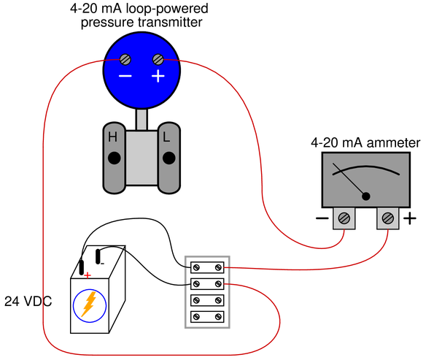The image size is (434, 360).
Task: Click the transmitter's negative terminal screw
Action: [125, 59]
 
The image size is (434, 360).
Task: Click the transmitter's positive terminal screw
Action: [158, 59]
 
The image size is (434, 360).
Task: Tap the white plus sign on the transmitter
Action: [158, 76]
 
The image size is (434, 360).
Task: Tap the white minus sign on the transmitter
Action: [125, 76]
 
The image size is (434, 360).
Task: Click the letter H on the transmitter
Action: [112, 137]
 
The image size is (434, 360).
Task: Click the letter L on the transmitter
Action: [166, 137]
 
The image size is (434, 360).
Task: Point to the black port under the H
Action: [114, 158]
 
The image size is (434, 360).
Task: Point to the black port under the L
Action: [168, 158]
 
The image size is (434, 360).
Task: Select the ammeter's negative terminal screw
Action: [344, 218]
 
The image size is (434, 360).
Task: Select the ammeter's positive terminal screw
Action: [388, 218]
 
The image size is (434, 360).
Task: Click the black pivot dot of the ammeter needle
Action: [366, 196]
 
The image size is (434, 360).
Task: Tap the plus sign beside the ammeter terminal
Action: [410, 218]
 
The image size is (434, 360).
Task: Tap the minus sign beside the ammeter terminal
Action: [322, 218]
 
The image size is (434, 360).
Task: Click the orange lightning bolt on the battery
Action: [88, 304]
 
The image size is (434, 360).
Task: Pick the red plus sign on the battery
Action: [88, 275]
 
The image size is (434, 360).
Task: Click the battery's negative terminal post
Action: [98, 256]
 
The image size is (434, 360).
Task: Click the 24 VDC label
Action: [28, 302]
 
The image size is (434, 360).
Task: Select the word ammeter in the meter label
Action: [393, 142]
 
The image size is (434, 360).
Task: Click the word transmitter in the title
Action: [172, 22]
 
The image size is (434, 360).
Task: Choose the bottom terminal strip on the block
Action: [207, 316]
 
